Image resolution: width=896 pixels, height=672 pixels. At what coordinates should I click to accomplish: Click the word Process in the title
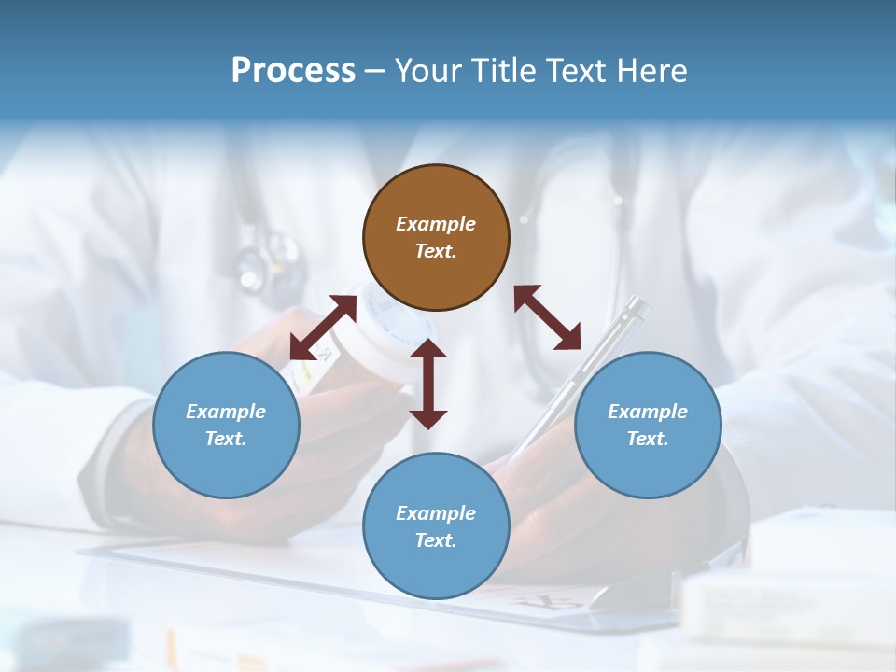293,71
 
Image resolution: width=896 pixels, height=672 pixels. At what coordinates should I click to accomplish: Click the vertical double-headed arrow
428,384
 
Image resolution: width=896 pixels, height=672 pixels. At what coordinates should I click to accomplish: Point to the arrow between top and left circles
323,328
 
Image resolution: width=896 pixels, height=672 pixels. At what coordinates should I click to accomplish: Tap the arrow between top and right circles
547,317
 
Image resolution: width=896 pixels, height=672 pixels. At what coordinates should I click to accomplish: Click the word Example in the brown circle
436,224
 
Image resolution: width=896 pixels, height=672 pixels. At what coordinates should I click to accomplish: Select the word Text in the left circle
226,439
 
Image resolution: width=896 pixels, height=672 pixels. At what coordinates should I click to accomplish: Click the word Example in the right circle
648,412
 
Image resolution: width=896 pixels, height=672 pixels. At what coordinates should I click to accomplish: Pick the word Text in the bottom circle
436,540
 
